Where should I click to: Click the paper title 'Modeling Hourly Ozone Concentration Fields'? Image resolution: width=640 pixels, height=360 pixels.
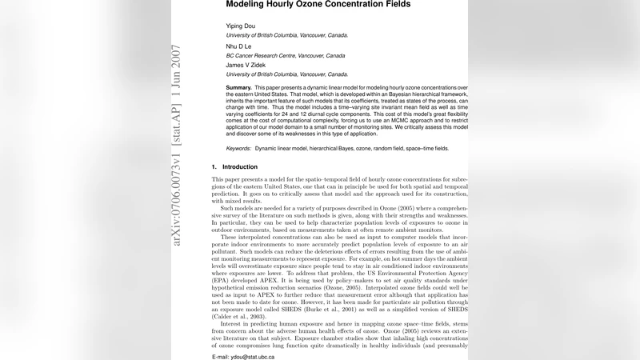[318, 4]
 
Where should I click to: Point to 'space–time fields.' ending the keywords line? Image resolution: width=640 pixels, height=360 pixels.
[424, 149]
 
